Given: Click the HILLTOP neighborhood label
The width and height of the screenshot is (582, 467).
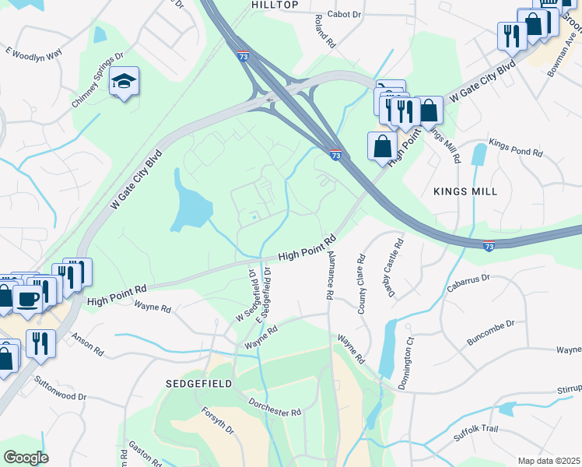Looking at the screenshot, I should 275,5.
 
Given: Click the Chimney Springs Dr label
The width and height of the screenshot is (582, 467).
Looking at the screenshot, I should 97,80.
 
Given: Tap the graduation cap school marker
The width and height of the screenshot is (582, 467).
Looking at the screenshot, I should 123,81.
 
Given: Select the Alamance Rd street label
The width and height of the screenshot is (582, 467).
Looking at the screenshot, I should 331,276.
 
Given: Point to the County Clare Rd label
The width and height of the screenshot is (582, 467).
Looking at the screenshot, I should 362,284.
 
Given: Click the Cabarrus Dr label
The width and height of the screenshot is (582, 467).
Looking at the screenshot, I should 468,283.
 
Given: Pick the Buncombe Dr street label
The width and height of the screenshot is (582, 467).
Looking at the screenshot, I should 490,334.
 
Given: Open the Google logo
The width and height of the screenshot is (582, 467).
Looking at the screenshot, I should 26,458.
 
